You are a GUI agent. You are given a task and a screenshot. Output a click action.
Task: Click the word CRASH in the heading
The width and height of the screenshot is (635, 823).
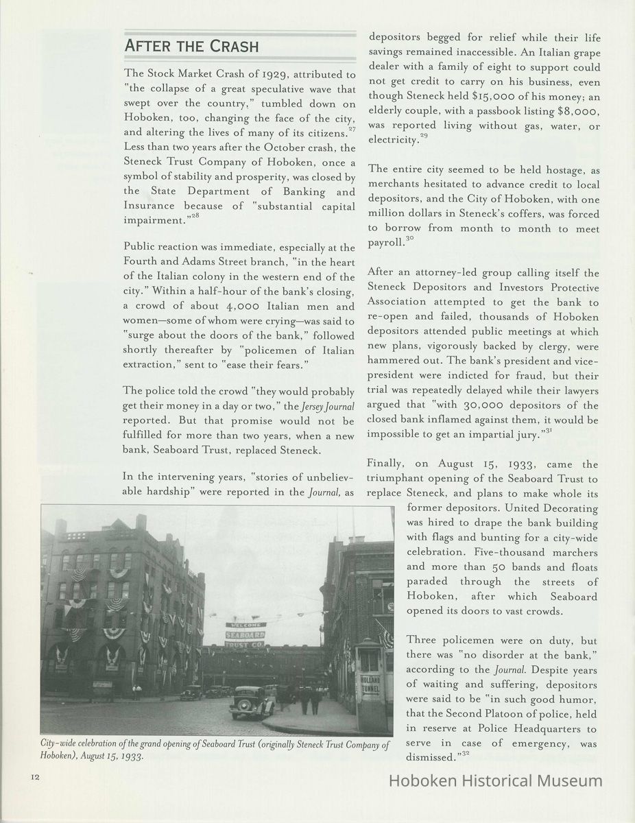230,47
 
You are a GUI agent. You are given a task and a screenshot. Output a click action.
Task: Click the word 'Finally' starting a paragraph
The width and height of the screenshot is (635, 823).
387,464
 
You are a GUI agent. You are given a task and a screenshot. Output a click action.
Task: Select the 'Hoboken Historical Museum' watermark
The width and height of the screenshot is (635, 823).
496,780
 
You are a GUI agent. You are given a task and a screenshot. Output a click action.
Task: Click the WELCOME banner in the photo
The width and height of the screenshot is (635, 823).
245,625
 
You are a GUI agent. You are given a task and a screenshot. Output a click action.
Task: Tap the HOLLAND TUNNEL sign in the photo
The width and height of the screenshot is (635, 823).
370,682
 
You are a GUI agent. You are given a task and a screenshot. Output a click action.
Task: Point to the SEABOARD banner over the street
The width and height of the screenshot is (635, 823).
245,634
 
